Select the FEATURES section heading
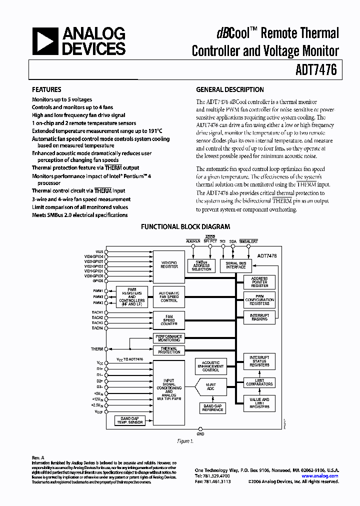click(x=46, y=90)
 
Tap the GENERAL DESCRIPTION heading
click(x=230, y=90)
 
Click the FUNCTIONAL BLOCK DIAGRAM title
click(x=185, y=227)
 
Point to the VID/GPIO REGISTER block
click(x=169, y=264)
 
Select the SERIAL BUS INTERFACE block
click(x=235, y=265)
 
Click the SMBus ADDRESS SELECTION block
click(x=201, y=265)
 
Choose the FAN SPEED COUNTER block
click(x=169, y=320)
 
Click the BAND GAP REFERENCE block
click(x=212, y=408)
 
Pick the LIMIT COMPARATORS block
click(x=259, y=382)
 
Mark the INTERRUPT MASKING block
click(x=259, y=317)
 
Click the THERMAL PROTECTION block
click(x=169, y=350)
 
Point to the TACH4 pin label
click(x=97, y=328)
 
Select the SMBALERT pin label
click(x=248, y=241)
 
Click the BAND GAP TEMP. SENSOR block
click(x=129, y=420)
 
